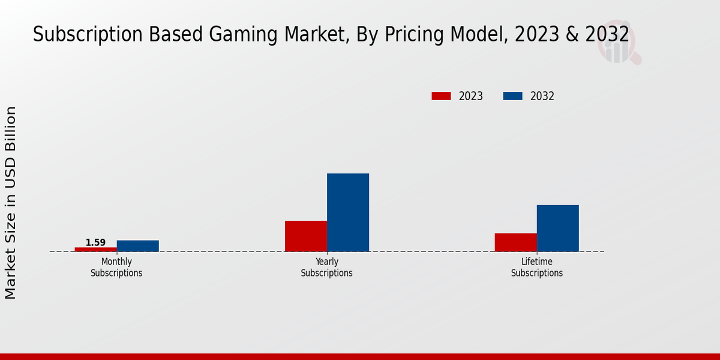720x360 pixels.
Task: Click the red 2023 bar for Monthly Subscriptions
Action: click(x=96, y=249)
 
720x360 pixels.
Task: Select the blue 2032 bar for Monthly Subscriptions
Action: click(x=138, y=246)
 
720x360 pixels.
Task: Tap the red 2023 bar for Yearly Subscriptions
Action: click(x=306, y=236)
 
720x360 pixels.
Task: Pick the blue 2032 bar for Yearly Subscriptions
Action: click(x=348, y=212)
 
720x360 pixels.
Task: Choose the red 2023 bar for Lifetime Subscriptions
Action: click(x=516, y=242)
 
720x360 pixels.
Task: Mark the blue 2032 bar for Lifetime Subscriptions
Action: click(x=558, y=228)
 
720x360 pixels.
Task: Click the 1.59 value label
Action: click(x=95, y=242)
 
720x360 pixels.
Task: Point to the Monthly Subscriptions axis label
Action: click(x=116, y=268)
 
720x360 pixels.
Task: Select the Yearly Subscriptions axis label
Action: click(x=327, y=268)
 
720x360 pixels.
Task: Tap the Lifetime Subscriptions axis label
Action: click(x=537, y=268)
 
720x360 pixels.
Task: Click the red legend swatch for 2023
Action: click(x=441, y=96)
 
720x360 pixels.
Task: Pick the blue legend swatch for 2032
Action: click(x=512, y=96)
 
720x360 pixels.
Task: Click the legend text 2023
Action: click(x=471, y=96)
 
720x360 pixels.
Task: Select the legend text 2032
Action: click(x=542, y=96)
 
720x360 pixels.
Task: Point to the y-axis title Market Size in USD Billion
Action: click(x=11, y=202)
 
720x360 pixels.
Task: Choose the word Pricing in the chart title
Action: click(x=414, y=35)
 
